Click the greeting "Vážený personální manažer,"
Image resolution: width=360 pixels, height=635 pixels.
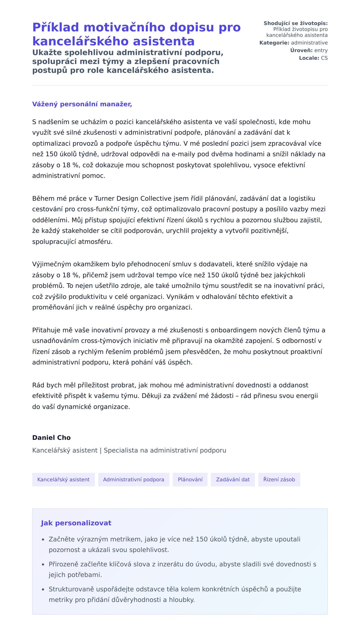[x=82, y=104]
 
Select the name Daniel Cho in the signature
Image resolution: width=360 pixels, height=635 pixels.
[x=51, y=437]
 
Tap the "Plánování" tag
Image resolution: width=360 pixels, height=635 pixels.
[x=190, y=479]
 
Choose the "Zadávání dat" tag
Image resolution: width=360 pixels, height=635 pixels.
[x=233, y=479]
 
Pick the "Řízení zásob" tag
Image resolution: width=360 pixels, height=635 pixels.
[x=279, y=479]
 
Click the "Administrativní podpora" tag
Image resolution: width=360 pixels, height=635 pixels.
[x=133, y=479]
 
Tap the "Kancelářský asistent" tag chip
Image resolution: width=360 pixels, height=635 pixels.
[x=63, y=479]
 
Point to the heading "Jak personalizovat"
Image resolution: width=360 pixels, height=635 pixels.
[x=76, y=523]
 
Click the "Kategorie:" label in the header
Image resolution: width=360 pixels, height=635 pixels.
[x=274, y=43]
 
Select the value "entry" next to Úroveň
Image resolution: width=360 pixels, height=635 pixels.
[x=321, y=50]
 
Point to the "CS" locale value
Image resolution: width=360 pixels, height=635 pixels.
[x=324, y=58]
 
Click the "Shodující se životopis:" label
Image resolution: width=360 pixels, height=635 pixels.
[x=295, y=23]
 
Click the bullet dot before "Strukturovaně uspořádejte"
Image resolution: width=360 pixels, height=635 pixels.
[x=43, y=589]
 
